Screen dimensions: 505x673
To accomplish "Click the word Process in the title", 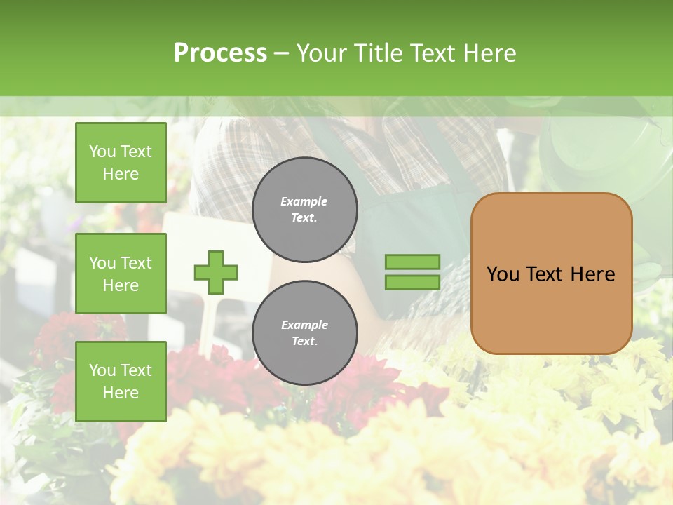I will (x=220, y=53).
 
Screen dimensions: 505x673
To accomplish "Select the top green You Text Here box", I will (x=121, y=163).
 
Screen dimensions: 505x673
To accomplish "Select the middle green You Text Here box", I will (x=121, y=274).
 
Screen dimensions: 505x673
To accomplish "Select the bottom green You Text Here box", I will (x=121, y=382).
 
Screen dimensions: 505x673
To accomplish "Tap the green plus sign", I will (x=216, y=272).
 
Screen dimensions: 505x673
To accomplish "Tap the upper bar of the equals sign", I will (x=412, y=262).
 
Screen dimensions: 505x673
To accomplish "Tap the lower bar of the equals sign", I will (x=412, y=283).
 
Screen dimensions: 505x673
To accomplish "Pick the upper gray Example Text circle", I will (x=304, y=210).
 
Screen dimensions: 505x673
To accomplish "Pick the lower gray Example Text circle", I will (x=304, y=333).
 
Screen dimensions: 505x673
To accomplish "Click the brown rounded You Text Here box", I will (x=551, y=274).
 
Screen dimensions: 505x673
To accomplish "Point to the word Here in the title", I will (x=489, y=53).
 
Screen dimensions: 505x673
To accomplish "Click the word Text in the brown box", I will (x=547, y=274).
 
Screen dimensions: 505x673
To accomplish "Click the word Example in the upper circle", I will (x=304, y=201).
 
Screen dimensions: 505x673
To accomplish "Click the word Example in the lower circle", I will (x=304, y=325).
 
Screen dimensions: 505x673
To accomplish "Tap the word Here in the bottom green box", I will (x=121, y=393).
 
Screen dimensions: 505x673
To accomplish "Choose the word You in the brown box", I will (x=503, y=274).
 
